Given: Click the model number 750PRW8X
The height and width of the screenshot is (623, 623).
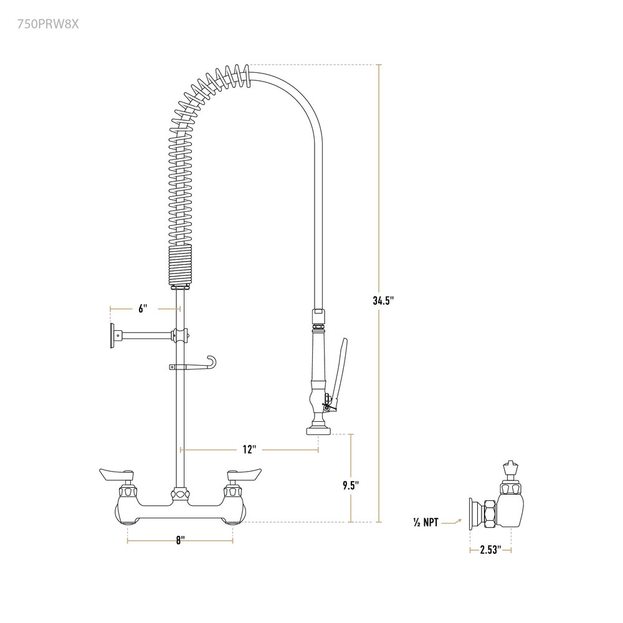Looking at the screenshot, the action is pyautogui.click(x=48, y=24).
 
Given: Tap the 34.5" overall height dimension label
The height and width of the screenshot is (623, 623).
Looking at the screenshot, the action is pyautogui.click(x=383, y=300).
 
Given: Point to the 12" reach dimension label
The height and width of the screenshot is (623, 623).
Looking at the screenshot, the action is pyautogui.click(x=249, y=450).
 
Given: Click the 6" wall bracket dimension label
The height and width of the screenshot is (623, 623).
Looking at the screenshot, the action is pyautogui.click(x=143, y=308).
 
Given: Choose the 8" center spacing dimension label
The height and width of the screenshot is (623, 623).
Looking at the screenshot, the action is pyautogui.click(x=181, y=540).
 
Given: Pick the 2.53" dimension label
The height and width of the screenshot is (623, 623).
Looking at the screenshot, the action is pyautogui.click(x=490, y=550).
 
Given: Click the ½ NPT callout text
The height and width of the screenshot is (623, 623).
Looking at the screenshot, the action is pyautogui.click(x=426, y=522).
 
